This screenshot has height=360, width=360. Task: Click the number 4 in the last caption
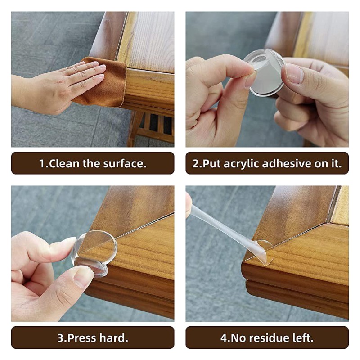click(x=223, y=337)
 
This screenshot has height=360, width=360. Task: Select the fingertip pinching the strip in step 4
click(x=189, y=205)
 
